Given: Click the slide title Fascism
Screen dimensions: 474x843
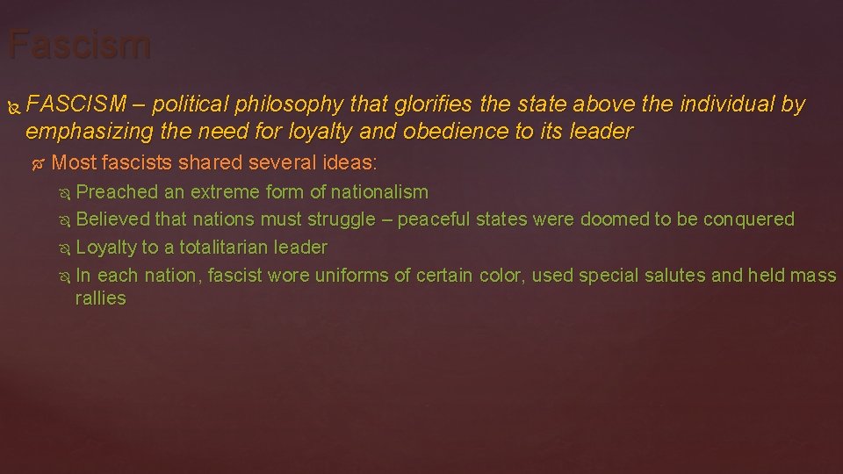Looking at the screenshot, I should (x=79, y=44).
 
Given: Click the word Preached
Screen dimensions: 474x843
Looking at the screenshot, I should (x=117, y=191).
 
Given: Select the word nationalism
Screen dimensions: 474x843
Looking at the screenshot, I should (x=379, y=191).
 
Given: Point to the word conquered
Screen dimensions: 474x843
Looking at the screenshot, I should (x=748, y=219).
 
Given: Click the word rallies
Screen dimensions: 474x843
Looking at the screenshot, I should (x=101, y=298).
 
